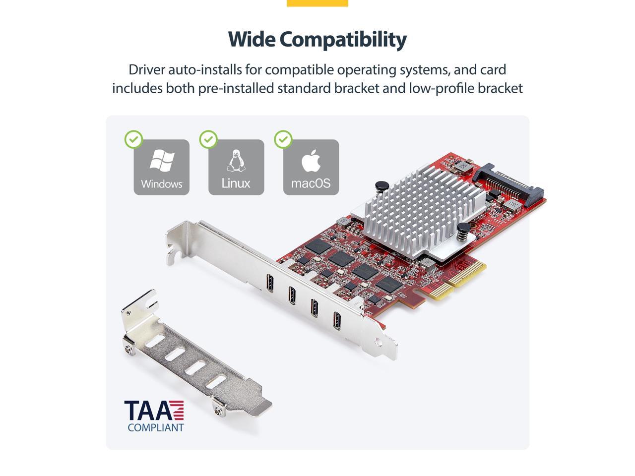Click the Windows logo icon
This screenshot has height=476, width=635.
pyautogui.click(x=162, y=161)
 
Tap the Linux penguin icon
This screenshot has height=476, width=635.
pyautogui.click(x=236, y=160)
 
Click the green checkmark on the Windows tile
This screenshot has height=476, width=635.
pyautogui.click(x=133, y=140)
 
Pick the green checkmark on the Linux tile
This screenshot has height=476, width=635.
pyautogui.click(x=208, y=140)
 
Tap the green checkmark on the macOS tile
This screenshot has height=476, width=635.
pyautogui.click(x=283, y=140)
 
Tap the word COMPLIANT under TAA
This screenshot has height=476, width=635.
pyautogui.click(x=155, y=427)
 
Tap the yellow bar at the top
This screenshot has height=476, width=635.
pyautogui.click(x=317, y=3)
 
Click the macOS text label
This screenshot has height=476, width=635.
pyautogui.click(x=311, y=183)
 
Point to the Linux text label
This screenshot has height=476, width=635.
pyautogui.click(x=236, y=183)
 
